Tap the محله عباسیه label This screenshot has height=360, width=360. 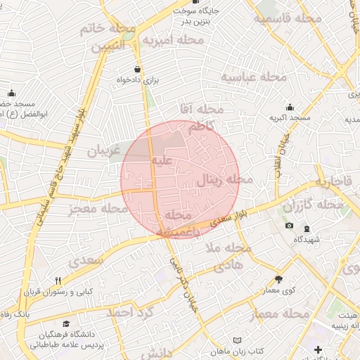254,77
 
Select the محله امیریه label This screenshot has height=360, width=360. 172,41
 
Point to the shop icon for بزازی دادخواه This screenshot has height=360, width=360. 136,70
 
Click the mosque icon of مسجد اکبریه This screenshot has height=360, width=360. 290,108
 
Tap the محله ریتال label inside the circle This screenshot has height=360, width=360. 223,179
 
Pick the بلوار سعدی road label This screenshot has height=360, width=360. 233,219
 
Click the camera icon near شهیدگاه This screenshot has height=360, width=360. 289,225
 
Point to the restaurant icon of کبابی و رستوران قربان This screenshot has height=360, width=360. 58,281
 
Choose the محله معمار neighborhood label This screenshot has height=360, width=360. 278,312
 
